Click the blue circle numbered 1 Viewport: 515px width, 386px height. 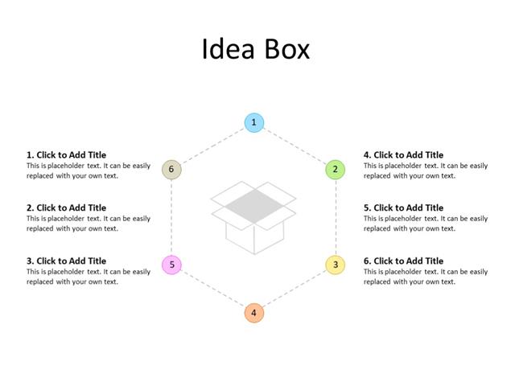pyautogui.click(x=253, y=122)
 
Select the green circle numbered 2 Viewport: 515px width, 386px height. pyautogui.click(x=336, y=170)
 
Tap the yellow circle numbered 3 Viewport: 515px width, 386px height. pyautogui.click(x=336, y=265)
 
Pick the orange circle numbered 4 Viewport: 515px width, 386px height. pyautogui.click(x=253, y=313)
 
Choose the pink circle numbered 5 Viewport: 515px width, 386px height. pyautogui.click(x=171, y=265)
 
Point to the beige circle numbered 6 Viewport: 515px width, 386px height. pyautogui.click(x=171, y=170)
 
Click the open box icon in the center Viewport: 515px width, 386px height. pyautogui.click(x=253, y=216)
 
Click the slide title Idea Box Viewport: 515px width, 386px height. pyautogui.click(x=255, y=49)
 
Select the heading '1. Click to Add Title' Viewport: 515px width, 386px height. pyautogui.click(x=66, y=155)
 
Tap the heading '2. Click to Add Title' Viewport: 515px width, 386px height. pyautogui.click(x=66, y=208)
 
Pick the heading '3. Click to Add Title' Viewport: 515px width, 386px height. pyautogui.click(x=66, y=261)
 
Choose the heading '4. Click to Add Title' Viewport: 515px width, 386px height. pyautogui.click(x=403, y=155)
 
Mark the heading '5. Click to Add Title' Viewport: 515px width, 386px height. pyautogui.click(x=403, y=208)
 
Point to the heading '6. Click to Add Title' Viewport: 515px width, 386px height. pyautogui.click(x=403, y=261)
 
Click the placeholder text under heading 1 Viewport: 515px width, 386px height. pyautogui.click(x=88, y=170)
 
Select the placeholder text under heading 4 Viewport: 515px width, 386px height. pyautogui.click(x=425, y=170)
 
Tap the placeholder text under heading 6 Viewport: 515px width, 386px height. pyautogui.click(x=425, y=277)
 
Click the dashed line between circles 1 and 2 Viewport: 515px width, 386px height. pyautogui.click(x=295, y=146)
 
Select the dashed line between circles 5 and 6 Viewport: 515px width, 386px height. pyautogui.click(x=171, y=217)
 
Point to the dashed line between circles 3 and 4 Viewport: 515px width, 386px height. pyautogui.click(x=295, y=289)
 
